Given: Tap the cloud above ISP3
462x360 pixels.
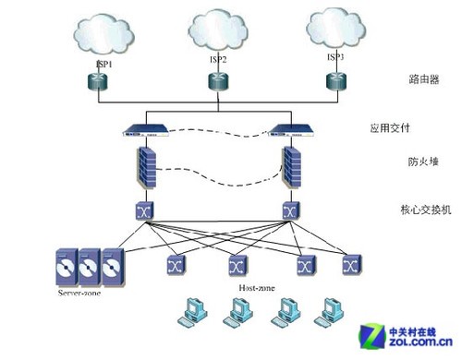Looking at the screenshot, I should click(338, 30).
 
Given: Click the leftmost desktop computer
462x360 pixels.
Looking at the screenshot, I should click(195, 315).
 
